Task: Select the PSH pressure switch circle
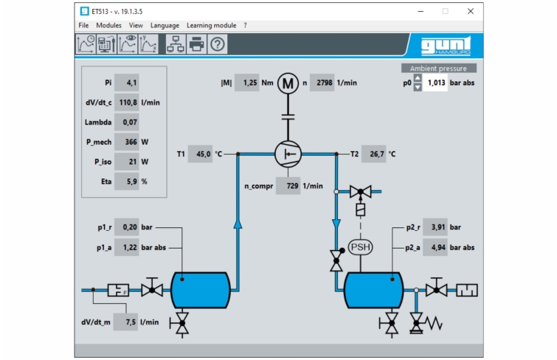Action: [x=361, y=246]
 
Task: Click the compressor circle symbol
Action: [x=287, y=154]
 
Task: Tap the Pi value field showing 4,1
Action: [x=127, y=83]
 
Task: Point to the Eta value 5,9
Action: [x=127, y=181]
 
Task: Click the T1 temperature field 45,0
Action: [x=201, y=154]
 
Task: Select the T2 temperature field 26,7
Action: [x=374, y=154]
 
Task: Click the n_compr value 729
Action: [x=288, y=186]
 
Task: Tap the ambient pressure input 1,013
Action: [x=435, y=83]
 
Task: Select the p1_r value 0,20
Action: [x=127, y=228]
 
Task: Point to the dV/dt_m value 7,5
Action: [x=126, y=322]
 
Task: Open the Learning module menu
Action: [x=211, y=25]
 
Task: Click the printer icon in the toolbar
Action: [x=196, y=44]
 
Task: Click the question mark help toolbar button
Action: [x=217, y=44]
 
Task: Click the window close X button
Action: [x=471, y=11]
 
